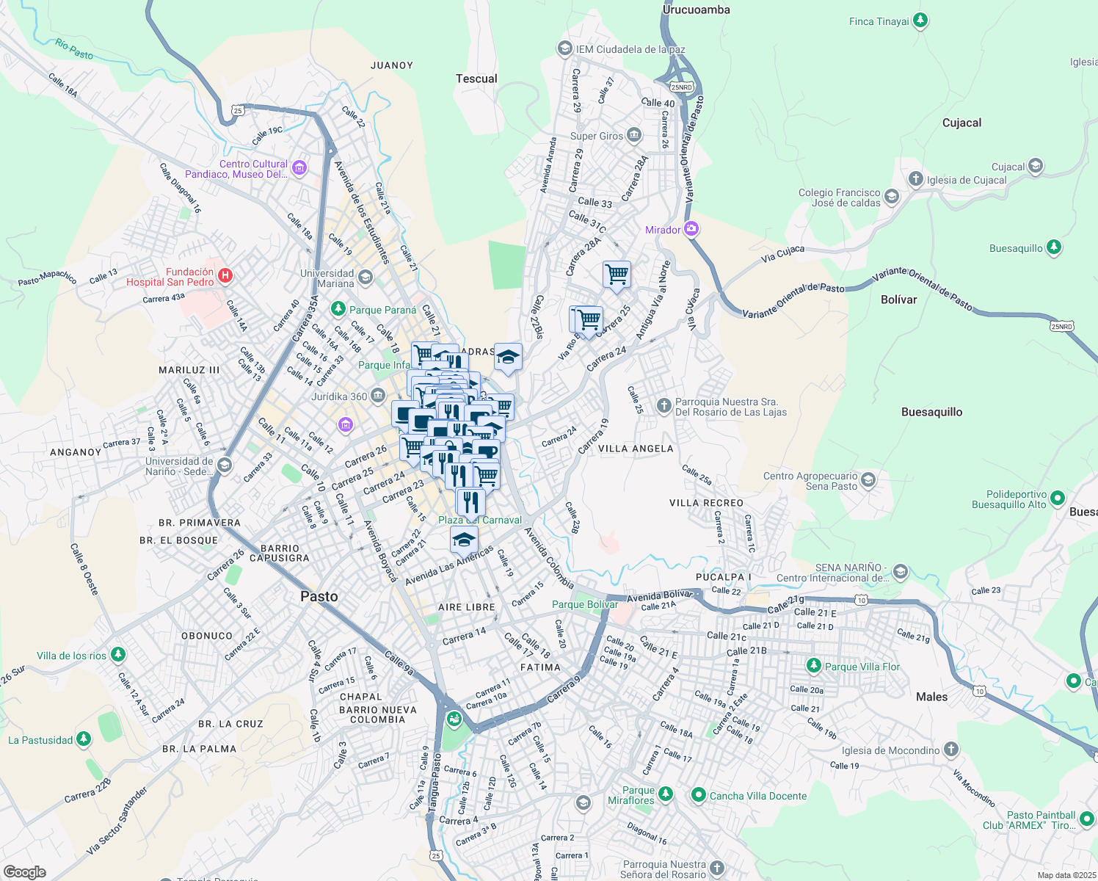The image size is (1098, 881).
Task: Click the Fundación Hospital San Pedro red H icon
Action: tap(225, 276)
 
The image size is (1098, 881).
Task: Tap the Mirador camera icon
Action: tap(691, 229)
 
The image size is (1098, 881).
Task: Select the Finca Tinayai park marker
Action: tap(920, 21)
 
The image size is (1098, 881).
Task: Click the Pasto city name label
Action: tap(319, 596)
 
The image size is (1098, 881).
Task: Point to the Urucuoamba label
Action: tap(696, 10)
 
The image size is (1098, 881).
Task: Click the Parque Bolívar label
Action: tap(584, 604)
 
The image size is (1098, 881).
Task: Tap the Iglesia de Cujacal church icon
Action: tap(915, 178)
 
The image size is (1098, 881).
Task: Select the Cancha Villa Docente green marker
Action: tap(698, 795)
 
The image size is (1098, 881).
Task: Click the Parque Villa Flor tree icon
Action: tap(813, 666)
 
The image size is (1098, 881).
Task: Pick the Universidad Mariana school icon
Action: tap(366, 278)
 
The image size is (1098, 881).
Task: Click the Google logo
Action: tap(24, 871)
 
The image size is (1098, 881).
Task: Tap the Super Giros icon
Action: tap(634, 135)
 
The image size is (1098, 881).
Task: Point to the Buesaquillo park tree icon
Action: tap(1053, 247)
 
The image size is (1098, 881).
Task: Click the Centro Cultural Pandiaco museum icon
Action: tap(299, 168)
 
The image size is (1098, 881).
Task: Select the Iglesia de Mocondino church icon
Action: tap(950, 750)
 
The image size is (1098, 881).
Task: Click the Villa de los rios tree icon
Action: tap(118, 655)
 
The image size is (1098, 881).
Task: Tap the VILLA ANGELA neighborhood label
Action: tap(636, 449)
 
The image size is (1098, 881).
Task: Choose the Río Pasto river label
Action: tap(74, 49)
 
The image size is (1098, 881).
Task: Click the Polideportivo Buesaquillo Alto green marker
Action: tap(1057, 498)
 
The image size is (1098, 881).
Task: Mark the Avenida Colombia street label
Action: tap(549, 558)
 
